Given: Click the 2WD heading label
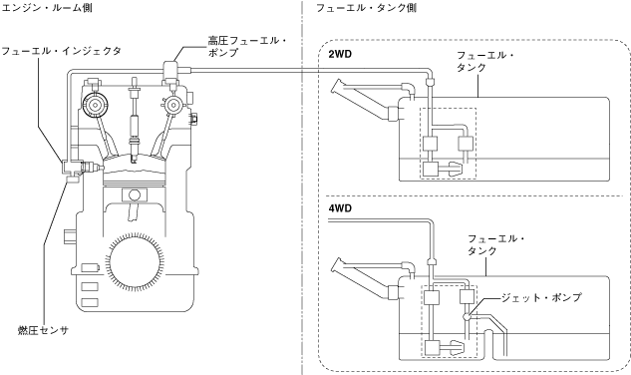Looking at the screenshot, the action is [340, 54].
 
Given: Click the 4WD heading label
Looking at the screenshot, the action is [340, 208].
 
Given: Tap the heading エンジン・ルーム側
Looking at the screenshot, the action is [47, 8].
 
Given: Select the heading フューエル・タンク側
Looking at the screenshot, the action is [366, 8].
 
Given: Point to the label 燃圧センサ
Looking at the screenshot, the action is [44, 330].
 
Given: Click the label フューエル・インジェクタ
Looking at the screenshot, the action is [61, 51].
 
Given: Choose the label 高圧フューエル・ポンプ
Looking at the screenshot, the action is [247, 46].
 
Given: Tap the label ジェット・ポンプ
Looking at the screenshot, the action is [541, 297].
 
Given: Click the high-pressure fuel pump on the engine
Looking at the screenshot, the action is [170, 73].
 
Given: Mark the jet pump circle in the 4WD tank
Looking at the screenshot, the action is [468, 316].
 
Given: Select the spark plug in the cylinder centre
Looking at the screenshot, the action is [134, 121].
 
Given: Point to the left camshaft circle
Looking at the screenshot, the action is [95, 105].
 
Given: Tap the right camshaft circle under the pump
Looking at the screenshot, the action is [173, 105].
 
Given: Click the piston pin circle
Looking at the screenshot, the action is [135, 194].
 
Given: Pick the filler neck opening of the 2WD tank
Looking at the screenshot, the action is [337, 87].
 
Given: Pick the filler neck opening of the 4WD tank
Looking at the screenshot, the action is [337, 266].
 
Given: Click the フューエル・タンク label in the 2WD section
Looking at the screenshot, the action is [485, 61].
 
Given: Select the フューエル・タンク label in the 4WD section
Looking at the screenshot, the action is [496, 244].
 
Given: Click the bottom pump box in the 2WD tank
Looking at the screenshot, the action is [431, 169].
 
